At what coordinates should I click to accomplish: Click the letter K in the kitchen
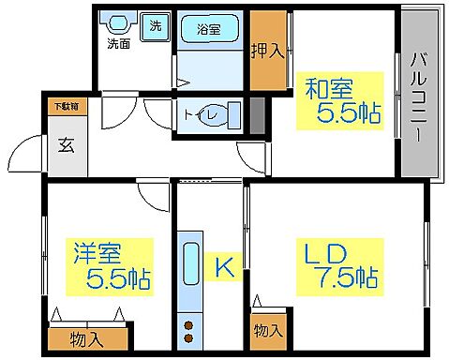[224, 267]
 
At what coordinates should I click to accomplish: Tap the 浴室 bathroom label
[210, 29]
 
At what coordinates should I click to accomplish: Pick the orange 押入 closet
[267, 52]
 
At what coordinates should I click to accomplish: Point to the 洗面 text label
[118, 43]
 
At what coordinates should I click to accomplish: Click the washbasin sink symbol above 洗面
[117, 22]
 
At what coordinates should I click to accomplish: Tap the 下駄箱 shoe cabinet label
[66, 107]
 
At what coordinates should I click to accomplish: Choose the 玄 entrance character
[67, 145]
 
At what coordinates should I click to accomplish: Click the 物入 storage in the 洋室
[87, 336]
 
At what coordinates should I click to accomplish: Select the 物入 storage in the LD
[267, 331]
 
